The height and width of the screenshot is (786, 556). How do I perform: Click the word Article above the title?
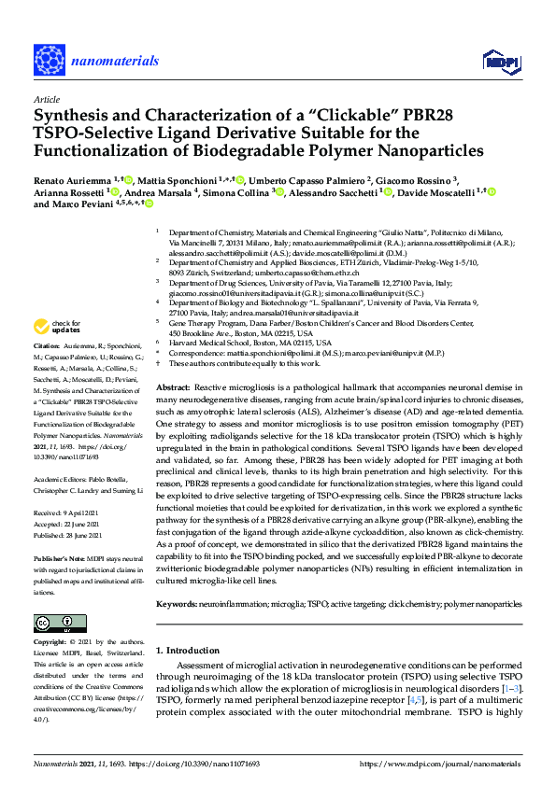pyautogui.click(x=46, y=98)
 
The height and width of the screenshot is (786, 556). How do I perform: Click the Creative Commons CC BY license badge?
pyautogui.click(x=53, y=622)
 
